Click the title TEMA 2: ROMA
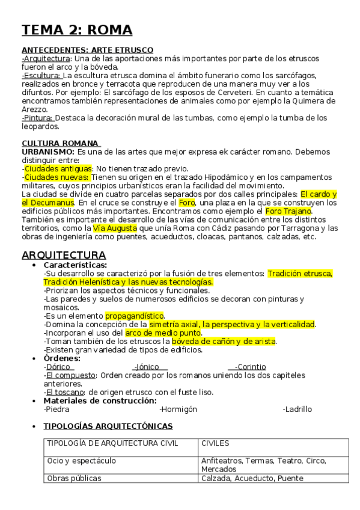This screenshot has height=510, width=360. (x=77, y=30)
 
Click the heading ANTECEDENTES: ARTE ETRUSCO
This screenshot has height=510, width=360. (x=87, y=49)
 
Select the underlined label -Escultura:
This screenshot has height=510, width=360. (x=41, y=75)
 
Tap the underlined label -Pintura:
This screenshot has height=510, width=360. (x=37, y=118)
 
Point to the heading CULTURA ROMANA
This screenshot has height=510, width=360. (x=60, y=143)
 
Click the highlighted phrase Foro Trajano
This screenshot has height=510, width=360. (x=288, y=211)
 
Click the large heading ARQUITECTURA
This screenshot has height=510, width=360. (x=64, y=255)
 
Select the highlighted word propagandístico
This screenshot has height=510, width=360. (x=134, y=316)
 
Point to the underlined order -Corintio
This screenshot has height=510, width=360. (x=250, y=367)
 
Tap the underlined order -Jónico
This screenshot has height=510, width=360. (x=150, y=367)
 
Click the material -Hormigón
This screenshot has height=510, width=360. (x=178, y=409)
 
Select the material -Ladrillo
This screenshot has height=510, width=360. (x=297, y=409)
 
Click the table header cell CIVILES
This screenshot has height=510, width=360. (x=215, y=444)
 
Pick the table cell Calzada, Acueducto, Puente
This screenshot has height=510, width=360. (x=252, y=478)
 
